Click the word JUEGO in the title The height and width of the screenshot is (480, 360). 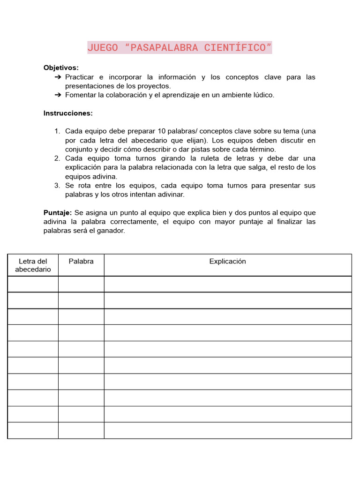(103, 48)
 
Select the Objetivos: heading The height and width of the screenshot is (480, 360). (61, 67)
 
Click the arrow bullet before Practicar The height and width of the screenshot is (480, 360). (58, 77)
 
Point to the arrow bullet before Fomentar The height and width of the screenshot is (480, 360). (58, 95)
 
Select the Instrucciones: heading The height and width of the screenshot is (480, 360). (68, 113)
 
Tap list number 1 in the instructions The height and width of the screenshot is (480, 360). (57, 131)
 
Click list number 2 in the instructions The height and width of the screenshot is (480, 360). (57, 158)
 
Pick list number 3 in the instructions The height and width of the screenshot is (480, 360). (57, 186)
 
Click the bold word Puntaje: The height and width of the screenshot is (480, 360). (58, 213)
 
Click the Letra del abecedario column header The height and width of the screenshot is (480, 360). (33, 265)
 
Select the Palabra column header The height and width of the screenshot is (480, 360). (81, 262)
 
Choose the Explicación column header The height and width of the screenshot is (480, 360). (227, 262)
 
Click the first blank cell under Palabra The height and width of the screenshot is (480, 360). (81, 284)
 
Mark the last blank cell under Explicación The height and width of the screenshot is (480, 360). (227, 430)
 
